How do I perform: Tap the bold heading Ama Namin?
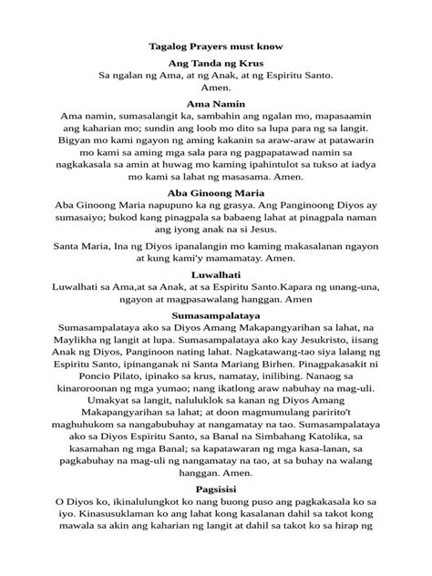pos(215,107)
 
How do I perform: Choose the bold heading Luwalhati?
pos(215,273)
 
